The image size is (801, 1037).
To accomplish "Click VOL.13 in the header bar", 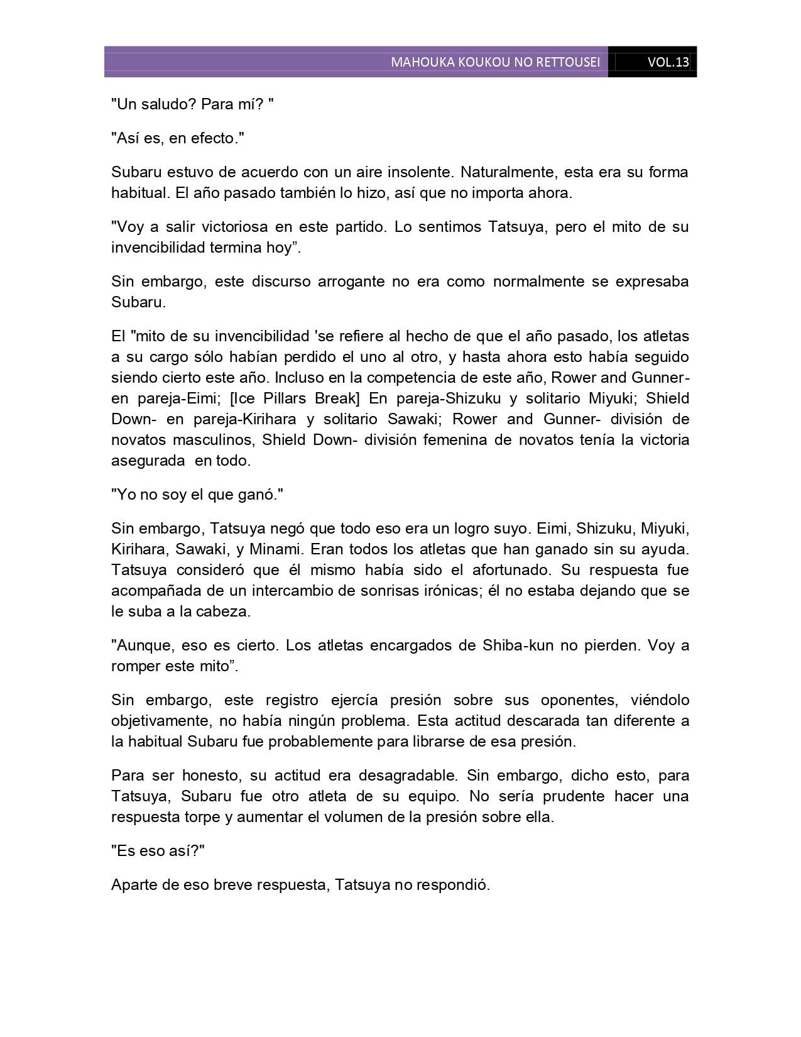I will [x=668, y=62].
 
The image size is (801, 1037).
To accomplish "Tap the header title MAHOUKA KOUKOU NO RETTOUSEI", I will [x=495, y=62].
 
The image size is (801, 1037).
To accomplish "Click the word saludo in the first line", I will [x=168, y=104].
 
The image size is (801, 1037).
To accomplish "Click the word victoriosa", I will [x=224, y=226].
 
